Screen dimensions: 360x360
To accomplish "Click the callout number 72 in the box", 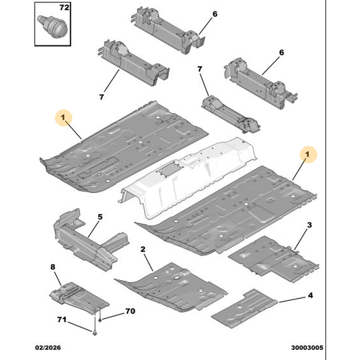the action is (x=64, y=8).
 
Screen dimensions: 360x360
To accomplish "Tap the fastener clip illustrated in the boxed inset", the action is (x=53, y=26).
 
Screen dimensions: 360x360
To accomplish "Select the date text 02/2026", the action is (x=48, y=348).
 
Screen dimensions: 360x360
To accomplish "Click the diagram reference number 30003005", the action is (x=307, y=348).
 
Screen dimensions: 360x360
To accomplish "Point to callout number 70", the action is (x=130, y=311).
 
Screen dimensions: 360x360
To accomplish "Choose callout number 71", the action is (x=62, y=320).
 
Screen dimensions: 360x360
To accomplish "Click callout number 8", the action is (x=53, y=267).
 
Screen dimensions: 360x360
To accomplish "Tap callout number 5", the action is (x=100, y=217).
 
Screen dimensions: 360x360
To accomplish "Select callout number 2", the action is (x=143, y=249).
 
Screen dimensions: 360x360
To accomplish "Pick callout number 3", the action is (x=310, y=225).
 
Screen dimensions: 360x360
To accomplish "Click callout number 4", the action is (x=310, y=295).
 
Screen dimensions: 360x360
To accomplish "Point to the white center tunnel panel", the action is (x=187, y=178).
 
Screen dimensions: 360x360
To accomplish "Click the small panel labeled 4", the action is (x=244, y=309).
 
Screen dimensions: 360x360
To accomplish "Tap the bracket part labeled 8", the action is (x=79, y=297).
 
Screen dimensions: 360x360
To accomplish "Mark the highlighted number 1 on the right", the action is (x=308, y=155).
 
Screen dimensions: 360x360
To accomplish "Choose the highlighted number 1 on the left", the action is (x=63, y=118).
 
